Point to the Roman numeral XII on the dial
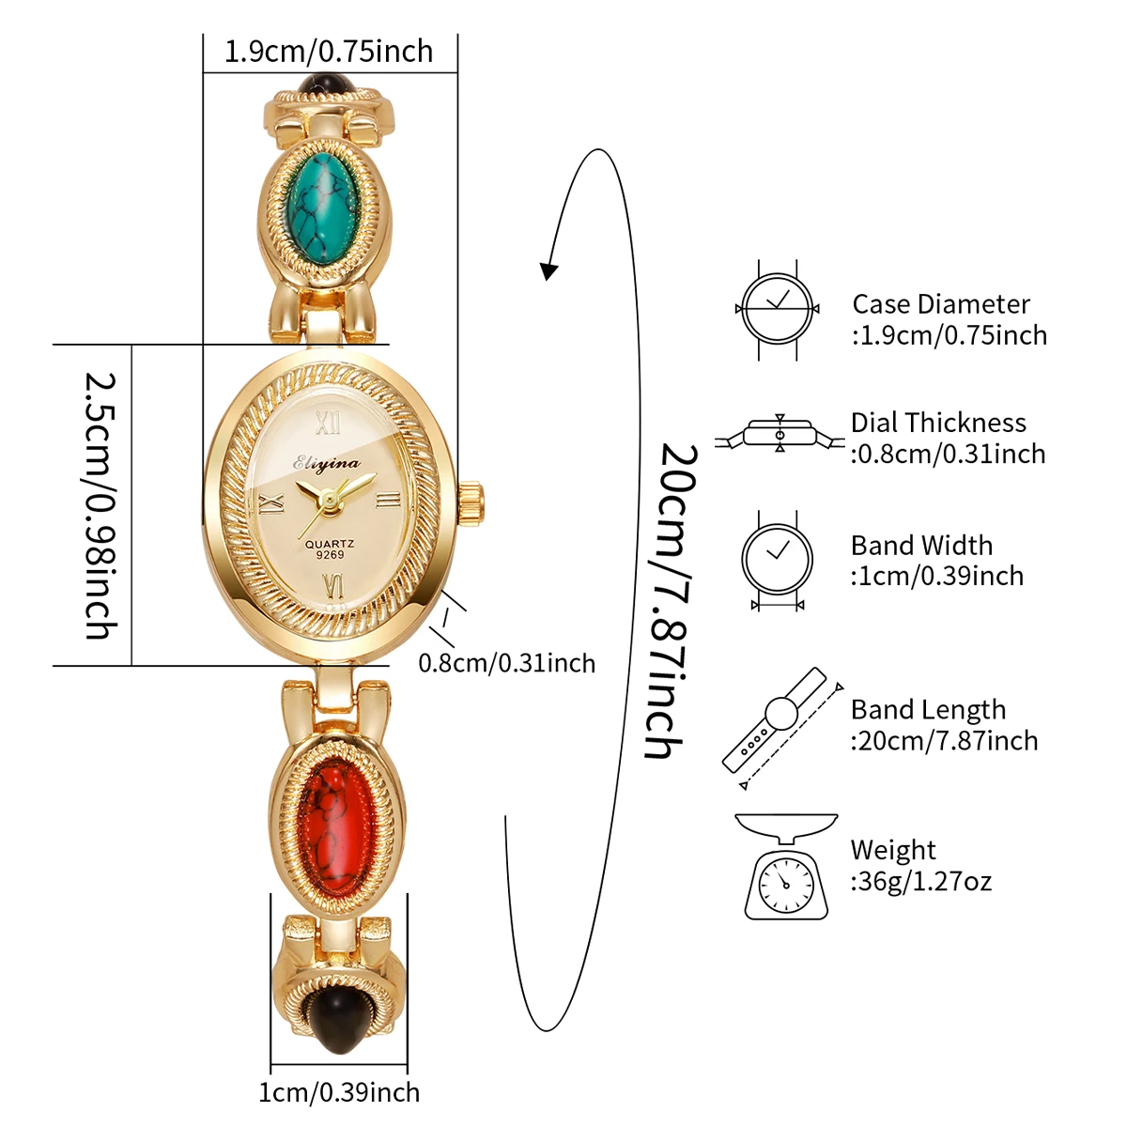pos(328,425)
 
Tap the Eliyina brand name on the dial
pos(327,463)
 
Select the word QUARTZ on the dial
pos(330,544)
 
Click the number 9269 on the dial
pos(330,555)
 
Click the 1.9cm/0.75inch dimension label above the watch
pos(329,51)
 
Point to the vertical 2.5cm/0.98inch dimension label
pos(101,505)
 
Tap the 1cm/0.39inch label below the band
pos(339,1092)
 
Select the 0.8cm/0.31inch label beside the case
pos(506,663)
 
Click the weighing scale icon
pos(786,866)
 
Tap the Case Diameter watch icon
pos(778,309)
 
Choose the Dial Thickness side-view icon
pos(780,435)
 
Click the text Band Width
pos(921,546)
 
